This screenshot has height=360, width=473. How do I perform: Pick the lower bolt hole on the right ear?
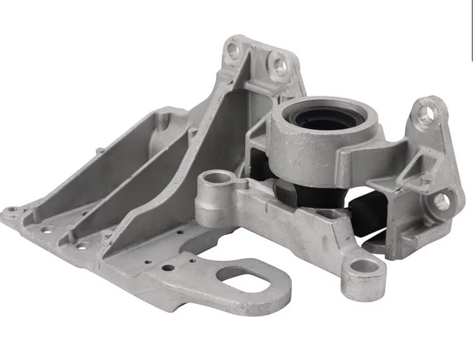coord(441,202)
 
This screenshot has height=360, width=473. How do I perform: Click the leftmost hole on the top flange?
coord(233,50)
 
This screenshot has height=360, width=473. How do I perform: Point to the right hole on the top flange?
coord(279,66)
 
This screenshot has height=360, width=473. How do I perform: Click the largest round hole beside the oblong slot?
coord(168,268)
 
